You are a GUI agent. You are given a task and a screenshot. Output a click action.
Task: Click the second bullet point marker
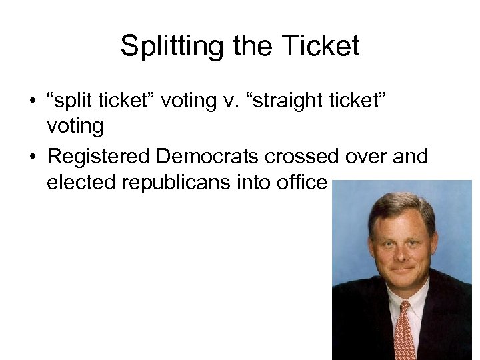(x=31, y=156)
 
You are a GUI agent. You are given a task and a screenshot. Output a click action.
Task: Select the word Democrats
(x=207, y=156)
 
